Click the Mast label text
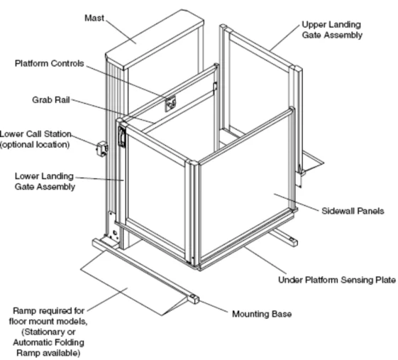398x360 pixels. click(x=94, y=18)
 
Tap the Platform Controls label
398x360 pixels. click(x=49, y=63)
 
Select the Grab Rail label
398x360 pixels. click(x=51, y=100)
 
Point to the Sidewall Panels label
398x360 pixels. click(x=353, y=211)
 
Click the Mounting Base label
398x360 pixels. click(x=262, y=314)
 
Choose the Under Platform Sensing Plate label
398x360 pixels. click(x=337, y=280)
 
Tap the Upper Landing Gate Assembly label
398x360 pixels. click(x=332, y=30)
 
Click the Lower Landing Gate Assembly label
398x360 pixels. click(x=45, y=181)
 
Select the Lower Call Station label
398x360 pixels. click(x=35, y=134)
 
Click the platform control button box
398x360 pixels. click(x=170, y=104)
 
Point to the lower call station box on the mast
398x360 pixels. click(x=101, y=149)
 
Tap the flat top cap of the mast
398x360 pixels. click(x=155, y=39)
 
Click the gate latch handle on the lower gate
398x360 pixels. click(x=122, y=136)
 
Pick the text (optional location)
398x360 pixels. click(x=35, y=145)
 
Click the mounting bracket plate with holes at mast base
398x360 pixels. click(x=114, y=227)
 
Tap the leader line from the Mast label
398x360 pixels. click(x=121, y=31)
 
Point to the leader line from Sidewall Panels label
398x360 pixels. click(x=297, y=202)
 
